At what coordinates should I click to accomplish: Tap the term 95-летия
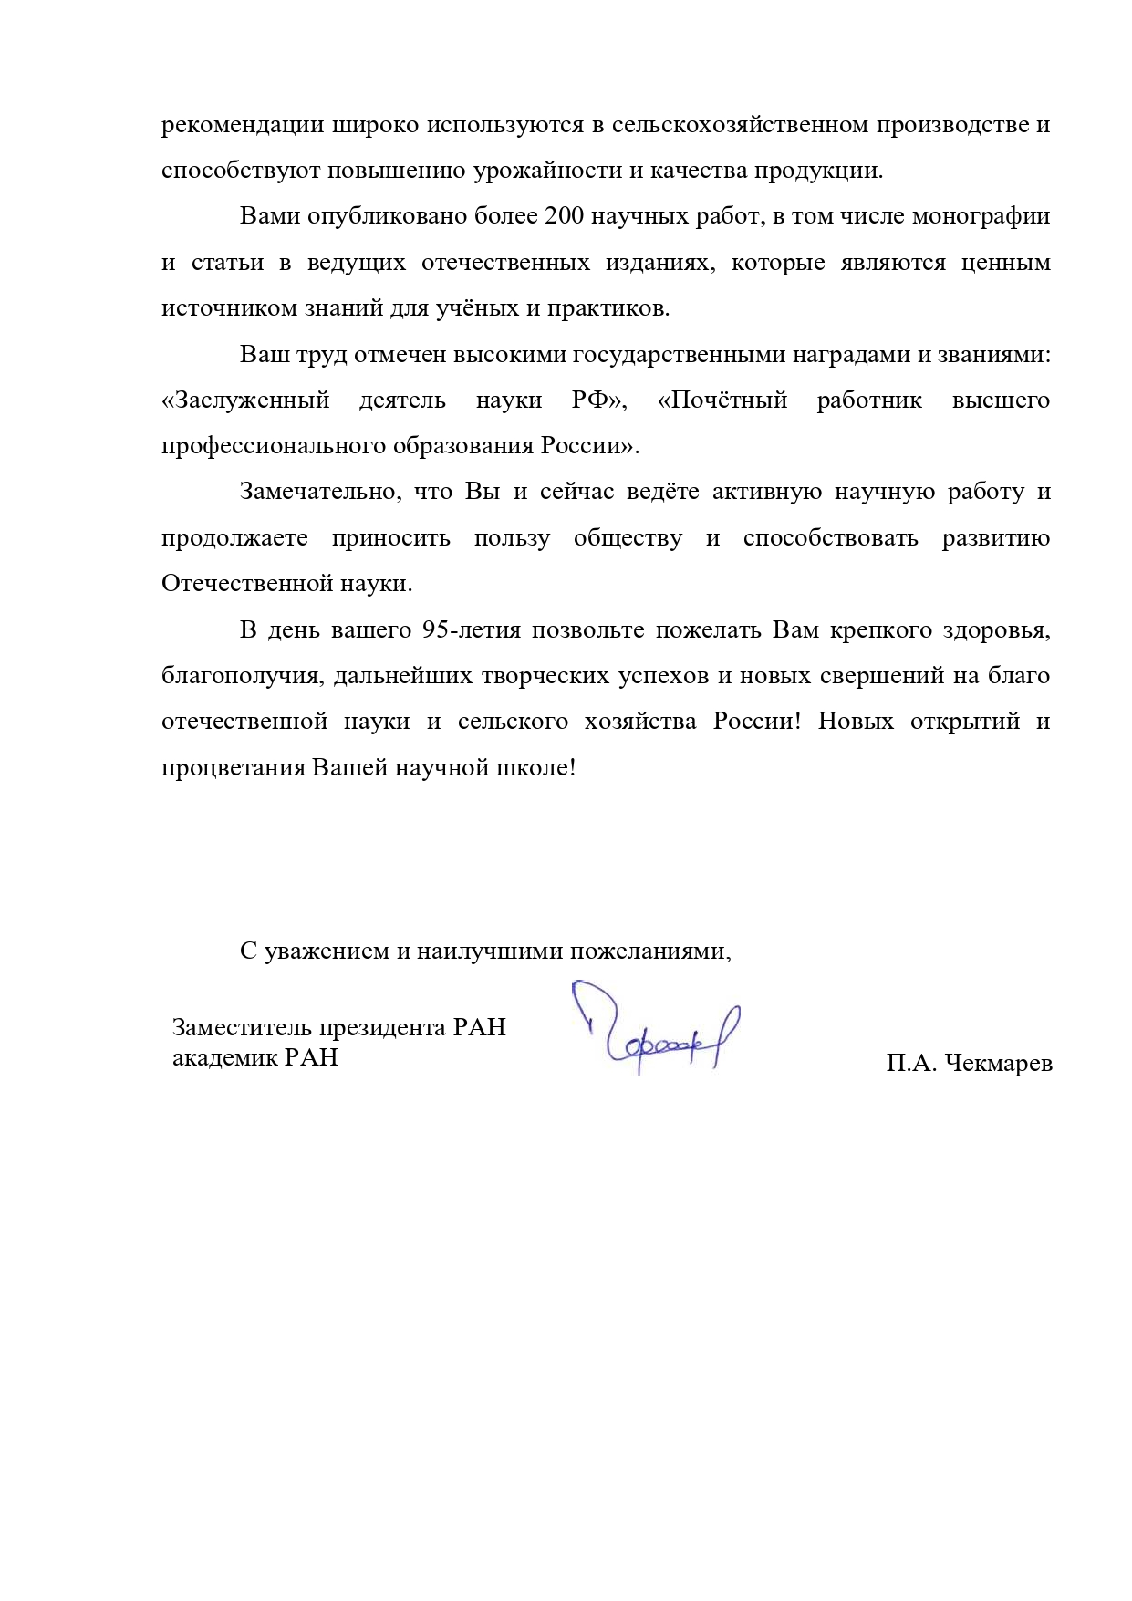coord(472,629)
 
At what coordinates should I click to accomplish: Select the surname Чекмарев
coord(999,1063)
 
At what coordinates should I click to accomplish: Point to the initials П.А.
coord(911,1063)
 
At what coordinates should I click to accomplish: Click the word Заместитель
coord(242,1027)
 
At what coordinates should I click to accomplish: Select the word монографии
coord(981,216)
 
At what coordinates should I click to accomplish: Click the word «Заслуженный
coord(245,400)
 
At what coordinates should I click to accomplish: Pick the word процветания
coord(234,767)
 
